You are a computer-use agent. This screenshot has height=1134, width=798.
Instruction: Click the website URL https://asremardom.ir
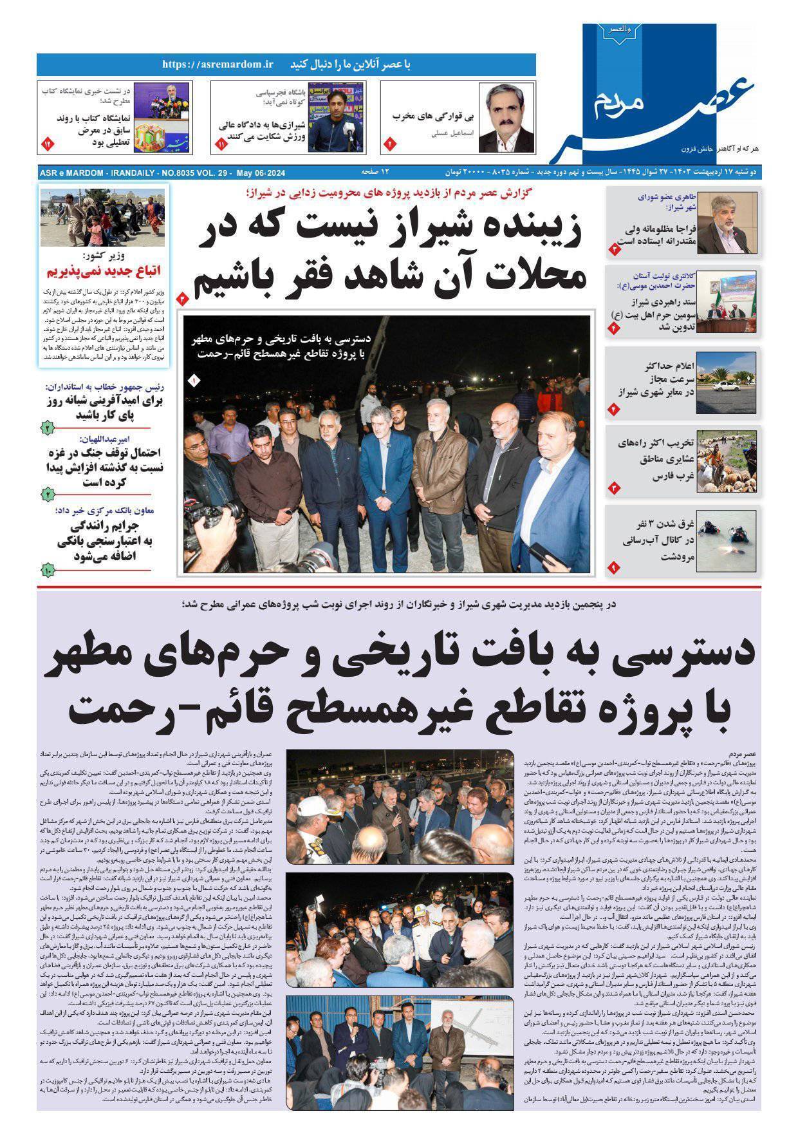pos(218,64)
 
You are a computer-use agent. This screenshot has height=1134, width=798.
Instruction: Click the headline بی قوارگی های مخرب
pos(433,117)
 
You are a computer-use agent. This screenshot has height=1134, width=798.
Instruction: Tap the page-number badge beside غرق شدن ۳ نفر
pos(613,567)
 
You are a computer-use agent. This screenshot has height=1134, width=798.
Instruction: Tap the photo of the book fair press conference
pos(161,117)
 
